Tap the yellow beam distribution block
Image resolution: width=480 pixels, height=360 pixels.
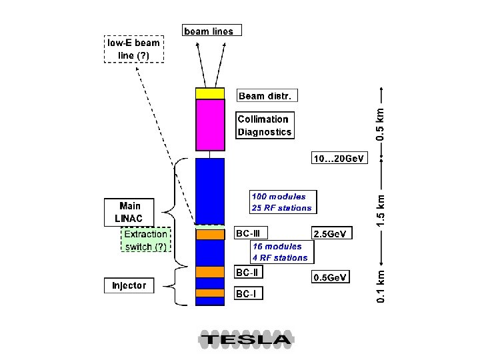tap(210, 93)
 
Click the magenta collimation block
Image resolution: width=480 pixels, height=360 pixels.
tap(210, 125)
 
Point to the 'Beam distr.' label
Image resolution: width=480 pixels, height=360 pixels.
tap(265, 95)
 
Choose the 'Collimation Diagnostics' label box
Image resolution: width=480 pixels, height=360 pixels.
tap(265, 125)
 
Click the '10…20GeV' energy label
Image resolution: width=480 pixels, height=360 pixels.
tap(340, 159)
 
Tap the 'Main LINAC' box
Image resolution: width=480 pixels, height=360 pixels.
tap(129, 211)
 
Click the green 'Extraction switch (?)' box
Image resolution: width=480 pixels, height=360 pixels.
tap(145, 240)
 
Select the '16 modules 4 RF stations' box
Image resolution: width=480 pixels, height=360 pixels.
tap(280, 252)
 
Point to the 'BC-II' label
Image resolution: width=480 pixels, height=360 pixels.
tap(249, 272)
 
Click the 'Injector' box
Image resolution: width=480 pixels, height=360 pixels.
tap(129, 285)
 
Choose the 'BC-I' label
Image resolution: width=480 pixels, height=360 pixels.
tap(248, 293)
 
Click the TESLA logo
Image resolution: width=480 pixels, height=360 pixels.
tap(246, 340)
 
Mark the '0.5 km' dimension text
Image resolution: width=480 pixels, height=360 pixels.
tap(380, 124)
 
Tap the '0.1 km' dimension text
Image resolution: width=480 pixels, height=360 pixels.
tap(380, 287)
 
